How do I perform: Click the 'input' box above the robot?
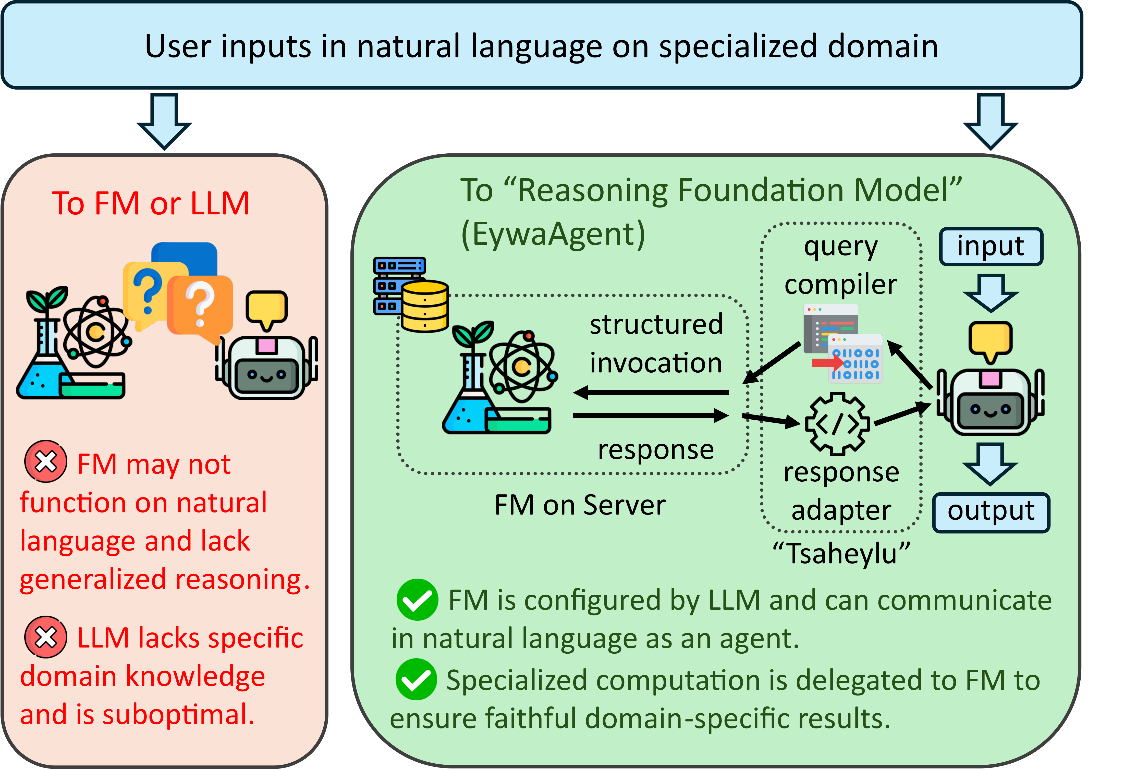coord(991,247)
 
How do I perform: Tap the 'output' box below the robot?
coord(991,512)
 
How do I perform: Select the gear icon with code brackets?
coord(837,424)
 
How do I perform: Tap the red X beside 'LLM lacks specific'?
coord(46,637)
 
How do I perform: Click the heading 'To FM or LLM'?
coord(151,203)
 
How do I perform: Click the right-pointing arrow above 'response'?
coord(651,416)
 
